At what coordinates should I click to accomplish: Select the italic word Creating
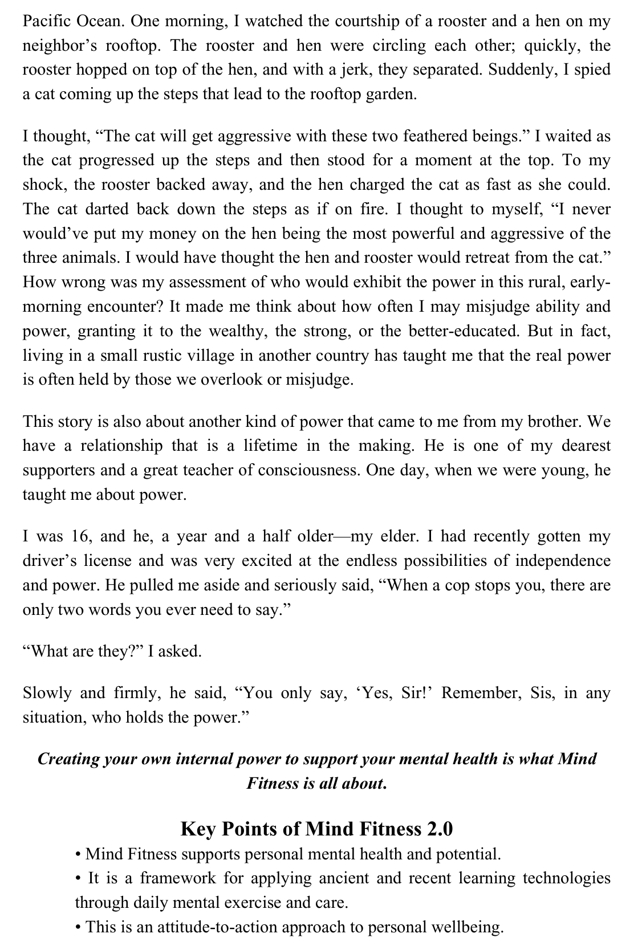coord(69,760)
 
